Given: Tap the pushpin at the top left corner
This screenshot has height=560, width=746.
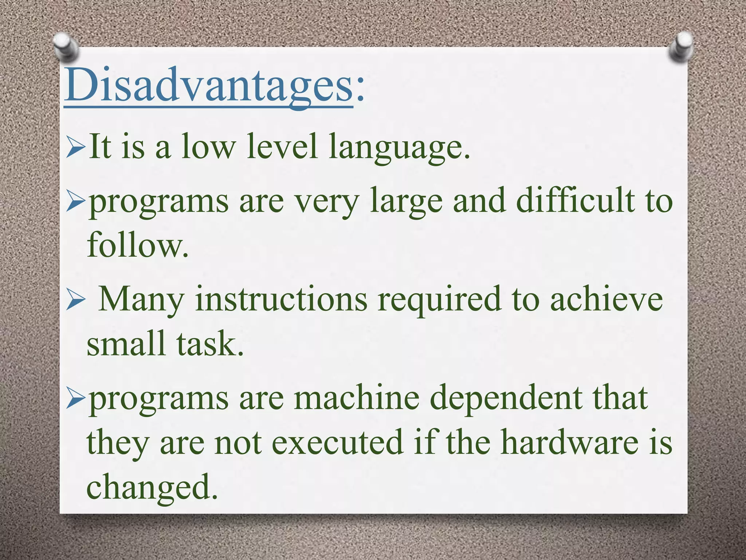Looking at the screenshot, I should pyautogui.click(x=66, y=47).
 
